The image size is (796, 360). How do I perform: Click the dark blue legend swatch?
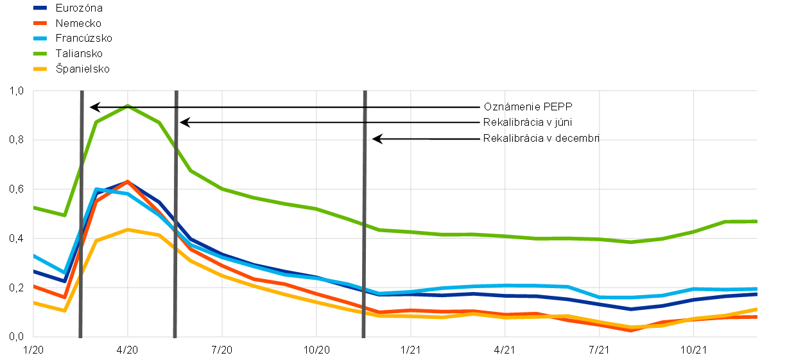[40, 8]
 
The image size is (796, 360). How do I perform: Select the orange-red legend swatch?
[40, 23]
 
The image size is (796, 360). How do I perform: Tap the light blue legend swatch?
[40, 38]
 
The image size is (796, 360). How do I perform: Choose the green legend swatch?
[40, 53]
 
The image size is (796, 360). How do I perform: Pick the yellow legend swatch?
[40, 69]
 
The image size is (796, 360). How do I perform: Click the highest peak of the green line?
[127, 106]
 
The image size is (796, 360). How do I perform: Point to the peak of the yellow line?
[128, 229]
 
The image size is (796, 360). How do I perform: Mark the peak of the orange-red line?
[128, 182]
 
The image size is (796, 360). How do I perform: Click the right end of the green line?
[756, 221]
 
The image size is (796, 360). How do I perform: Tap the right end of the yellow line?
[756, 309]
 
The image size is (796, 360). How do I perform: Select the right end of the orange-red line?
[756, 317]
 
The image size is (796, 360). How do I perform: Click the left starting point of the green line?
[34, 207]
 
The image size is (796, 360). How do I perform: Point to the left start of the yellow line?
[34, 302]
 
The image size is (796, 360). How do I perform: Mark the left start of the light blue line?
[34, 255]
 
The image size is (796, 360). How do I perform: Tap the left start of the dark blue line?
[34, 271]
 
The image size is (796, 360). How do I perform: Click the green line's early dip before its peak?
[64, 215]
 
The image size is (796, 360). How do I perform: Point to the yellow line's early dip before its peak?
[64, 311]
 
